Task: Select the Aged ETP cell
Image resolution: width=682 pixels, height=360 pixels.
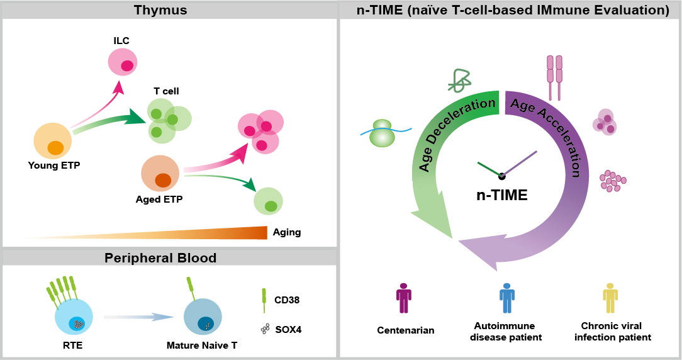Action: pyautogui.click(x=160, y=175)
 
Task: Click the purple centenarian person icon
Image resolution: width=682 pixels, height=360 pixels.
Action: pyautogui.click(x=403, y=298)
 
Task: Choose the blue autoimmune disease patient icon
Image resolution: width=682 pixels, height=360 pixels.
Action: pyautogui.click(x=507, y=298)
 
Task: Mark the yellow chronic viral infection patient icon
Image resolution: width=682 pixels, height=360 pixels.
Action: pyautogui.click(x=610, y=298)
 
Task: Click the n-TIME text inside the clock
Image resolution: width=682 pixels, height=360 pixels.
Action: pyautogui.click(x=501, y=195)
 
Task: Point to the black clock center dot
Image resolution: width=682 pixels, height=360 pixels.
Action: pyautogui.click(x=501, y=176)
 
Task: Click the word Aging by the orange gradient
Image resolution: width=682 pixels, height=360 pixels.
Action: pyautogui.click(x=287, y=232)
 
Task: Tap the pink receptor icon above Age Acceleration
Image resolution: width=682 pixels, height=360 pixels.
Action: pyautogui.click(x=554, y=77)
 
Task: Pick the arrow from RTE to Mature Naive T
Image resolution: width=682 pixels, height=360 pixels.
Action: pyautogui.click(x=138, y=318)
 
